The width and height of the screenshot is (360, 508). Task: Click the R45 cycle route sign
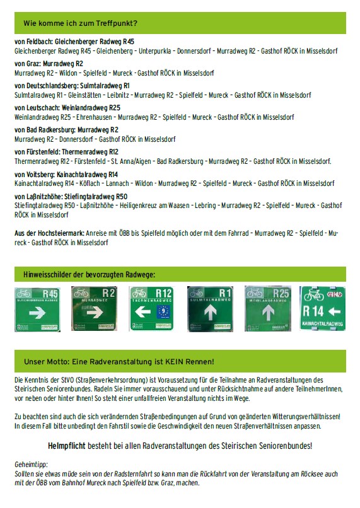click(x=37, y=309)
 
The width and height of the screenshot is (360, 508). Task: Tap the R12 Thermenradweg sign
click(x=151, y=309)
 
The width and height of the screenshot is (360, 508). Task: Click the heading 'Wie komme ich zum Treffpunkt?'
click(x=81, y=23)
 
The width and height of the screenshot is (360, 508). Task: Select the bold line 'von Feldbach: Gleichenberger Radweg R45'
click(x=74, y=41)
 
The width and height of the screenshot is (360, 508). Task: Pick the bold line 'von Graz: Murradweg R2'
click(x=49, y=64)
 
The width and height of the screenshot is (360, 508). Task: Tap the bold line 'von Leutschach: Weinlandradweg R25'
click(x=67, y=108)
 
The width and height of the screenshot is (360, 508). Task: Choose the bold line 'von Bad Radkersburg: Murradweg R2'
click(x=66, y=130)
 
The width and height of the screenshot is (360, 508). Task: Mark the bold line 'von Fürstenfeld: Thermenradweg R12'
click(x=66, y=152)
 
